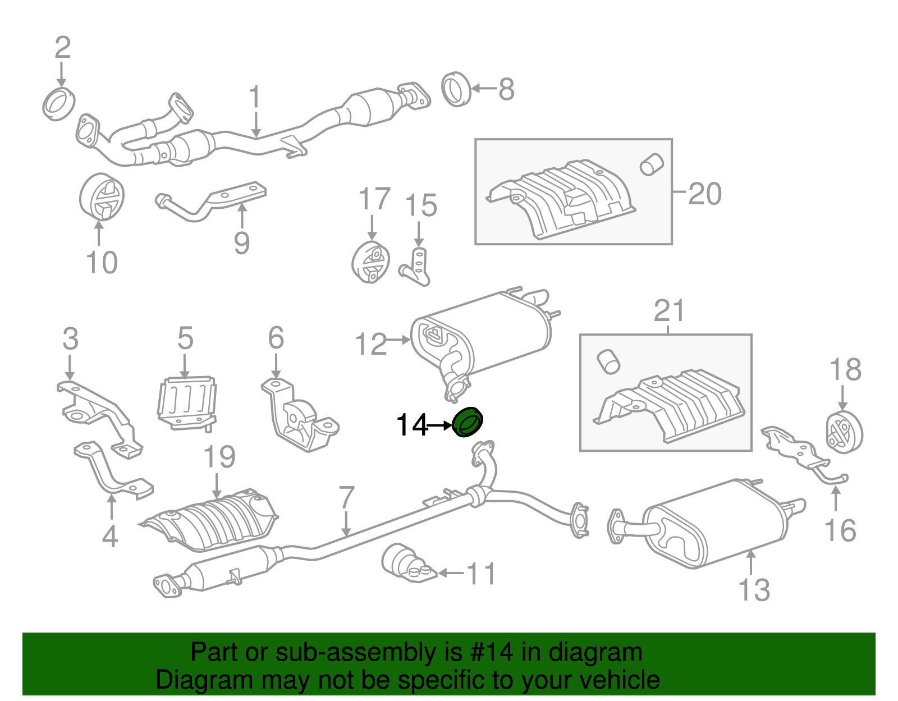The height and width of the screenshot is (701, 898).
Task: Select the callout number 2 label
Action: coord(62,48)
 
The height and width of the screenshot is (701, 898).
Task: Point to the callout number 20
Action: coord(704,194)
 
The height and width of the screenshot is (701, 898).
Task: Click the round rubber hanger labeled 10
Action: coord(101,198)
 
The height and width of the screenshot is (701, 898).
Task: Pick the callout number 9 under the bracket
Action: coord(241,243)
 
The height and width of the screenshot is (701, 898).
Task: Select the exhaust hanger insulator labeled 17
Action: coord(370,263)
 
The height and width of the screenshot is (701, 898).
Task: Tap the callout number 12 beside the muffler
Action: coord(371,344)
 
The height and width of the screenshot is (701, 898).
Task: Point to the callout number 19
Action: coord(219,457)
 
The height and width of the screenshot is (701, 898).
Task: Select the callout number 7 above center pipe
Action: coord(347,498)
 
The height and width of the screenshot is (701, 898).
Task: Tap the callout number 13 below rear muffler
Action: coord(754,590)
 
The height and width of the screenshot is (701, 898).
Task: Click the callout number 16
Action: coord(840,531)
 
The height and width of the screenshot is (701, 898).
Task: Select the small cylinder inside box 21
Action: coord(608,361)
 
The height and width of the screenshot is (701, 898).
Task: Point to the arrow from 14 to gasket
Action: coord(439,426)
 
